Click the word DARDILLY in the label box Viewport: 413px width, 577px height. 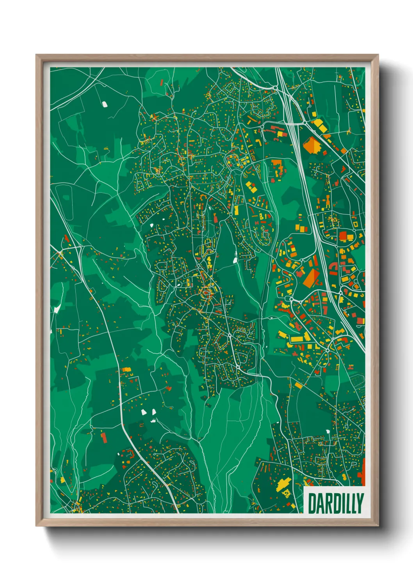coord(335,503)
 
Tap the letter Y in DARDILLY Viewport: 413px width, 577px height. coord(360,503)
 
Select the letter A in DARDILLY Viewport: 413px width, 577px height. coord(320,503)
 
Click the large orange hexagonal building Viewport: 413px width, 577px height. coord(312,145)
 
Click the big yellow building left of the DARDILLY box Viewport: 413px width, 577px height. coord(283,484)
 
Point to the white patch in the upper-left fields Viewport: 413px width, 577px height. coord(104,104)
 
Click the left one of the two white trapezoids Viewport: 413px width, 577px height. coord(143,412)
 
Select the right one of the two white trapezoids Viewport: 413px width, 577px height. coord(153,411)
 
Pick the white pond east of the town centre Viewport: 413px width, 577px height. coord(235,257)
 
